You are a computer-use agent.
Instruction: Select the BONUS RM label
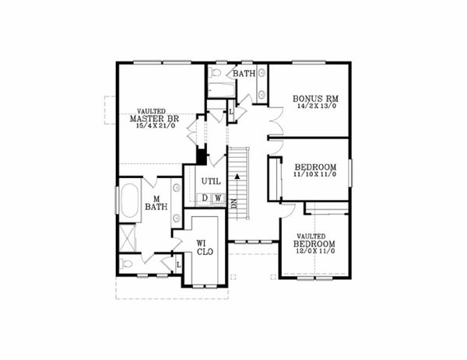pyautogui.click(x=314, y=99)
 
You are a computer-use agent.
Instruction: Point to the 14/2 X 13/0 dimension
pyautogui.click(x=314, y=107)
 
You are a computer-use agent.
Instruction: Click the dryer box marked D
pyautogui.click(x=205, y=197)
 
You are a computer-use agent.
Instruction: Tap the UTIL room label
pyautogui.click(x=211, y=181)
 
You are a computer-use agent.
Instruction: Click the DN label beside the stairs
pyautogui.click(x=233, y=204)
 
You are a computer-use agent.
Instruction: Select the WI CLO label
pyautogui.click(x=204, y=247)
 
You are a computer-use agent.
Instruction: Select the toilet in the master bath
pyautogui.click(x=128, y=264)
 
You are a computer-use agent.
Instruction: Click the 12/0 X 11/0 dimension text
pyautogui.click(x=314, y=253)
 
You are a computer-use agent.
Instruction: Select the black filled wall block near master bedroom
pyautogui.click(x=202, y=156)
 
